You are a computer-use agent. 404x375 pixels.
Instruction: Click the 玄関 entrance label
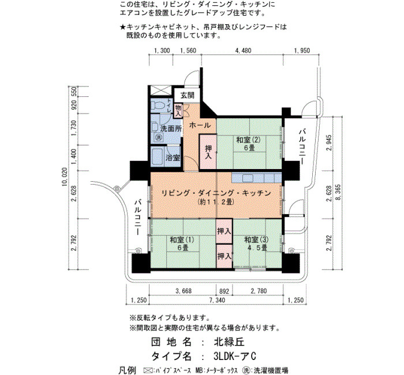pos(187,95)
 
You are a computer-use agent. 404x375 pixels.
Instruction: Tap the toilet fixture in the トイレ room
pos(158,105)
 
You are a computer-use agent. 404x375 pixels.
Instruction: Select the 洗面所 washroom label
pos(171,129)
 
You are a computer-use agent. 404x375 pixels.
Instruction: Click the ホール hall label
pos(200,125)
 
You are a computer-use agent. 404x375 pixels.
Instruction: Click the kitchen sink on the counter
pos(248,178)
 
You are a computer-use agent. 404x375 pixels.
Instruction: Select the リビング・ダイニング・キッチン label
pos(216,193)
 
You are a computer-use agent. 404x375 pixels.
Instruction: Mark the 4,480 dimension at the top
pos(243,51)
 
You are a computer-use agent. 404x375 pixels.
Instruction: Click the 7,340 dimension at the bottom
pos(217,300)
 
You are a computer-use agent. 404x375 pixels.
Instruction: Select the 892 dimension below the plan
pos(224,291)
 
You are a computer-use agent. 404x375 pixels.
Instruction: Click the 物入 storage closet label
pos(178,110)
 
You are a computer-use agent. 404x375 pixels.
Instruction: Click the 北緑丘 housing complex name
pos(229,342)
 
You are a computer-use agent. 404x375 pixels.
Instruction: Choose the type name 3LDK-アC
pos(234,357)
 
